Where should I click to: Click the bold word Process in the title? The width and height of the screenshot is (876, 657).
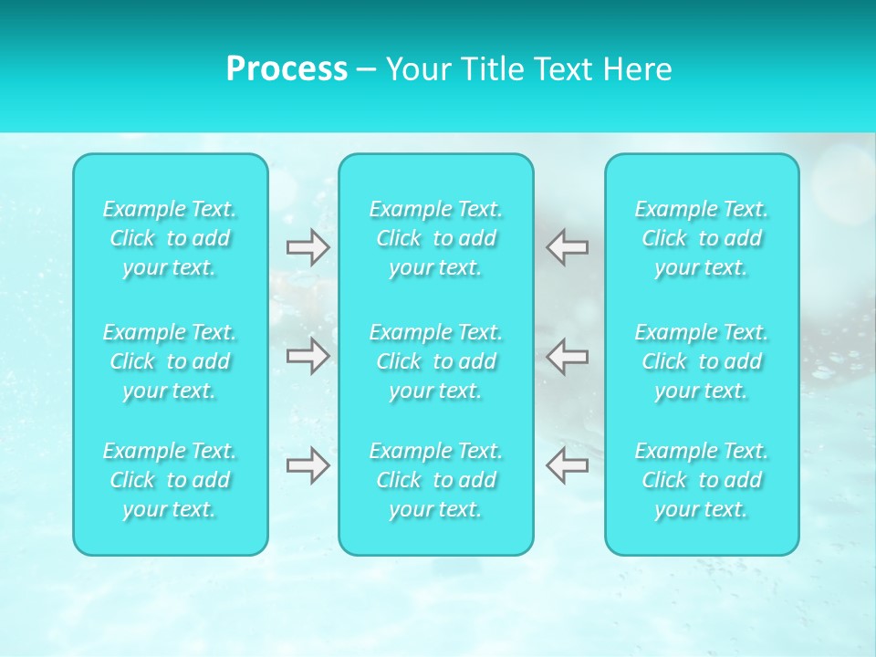287,69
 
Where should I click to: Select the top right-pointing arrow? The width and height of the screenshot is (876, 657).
308,247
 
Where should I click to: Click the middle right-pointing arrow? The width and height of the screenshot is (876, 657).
308,356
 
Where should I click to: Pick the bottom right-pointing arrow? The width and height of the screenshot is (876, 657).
308,465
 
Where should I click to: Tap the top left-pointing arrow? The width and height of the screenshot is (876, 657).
567,247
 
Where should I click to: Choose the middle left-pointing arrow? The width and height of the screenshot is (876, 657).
567,356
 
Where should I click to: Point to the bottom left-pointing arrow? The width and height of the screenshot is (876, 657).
567,465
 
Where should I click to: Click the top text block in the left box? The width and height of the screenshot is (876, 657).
170,238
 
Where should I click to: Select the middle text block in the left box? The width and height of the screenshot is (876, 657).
170,361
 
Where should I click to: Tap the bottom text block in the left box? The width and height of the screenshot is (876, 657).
170,480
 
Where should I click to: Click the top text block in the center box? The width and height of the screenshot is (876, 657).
436,238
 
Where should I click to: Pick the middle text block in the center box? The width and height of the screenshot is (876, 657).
436,361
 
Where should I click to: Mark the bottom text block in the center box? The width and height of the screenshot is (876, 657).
436,480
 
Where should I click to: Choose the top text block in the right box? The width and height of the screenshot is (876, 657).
702,238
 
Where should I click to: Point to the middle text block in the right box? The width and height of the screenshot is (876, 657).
702,361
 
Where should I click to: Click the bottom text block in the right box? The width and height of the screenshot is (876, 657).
702,480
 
